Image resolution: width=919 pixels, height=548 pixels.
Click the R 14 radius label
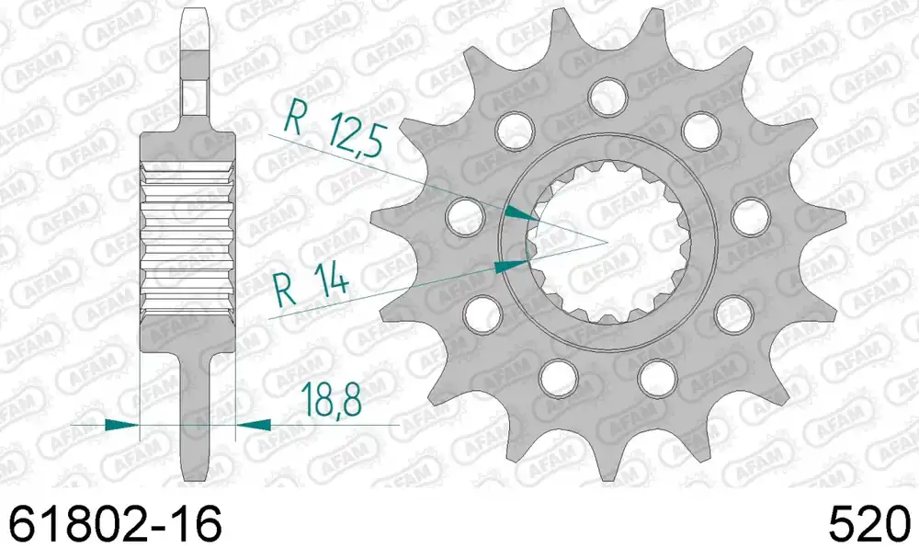tap(312, 283)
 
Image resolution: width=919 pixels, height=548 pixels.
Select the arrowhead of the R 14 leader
tap(511, 267)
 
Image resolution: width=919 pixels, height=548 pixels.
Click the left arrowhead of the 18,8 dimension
tap(122, 425)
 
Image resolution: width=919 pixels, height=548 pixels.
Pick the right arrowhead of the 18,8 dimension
tap(254, 424)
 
